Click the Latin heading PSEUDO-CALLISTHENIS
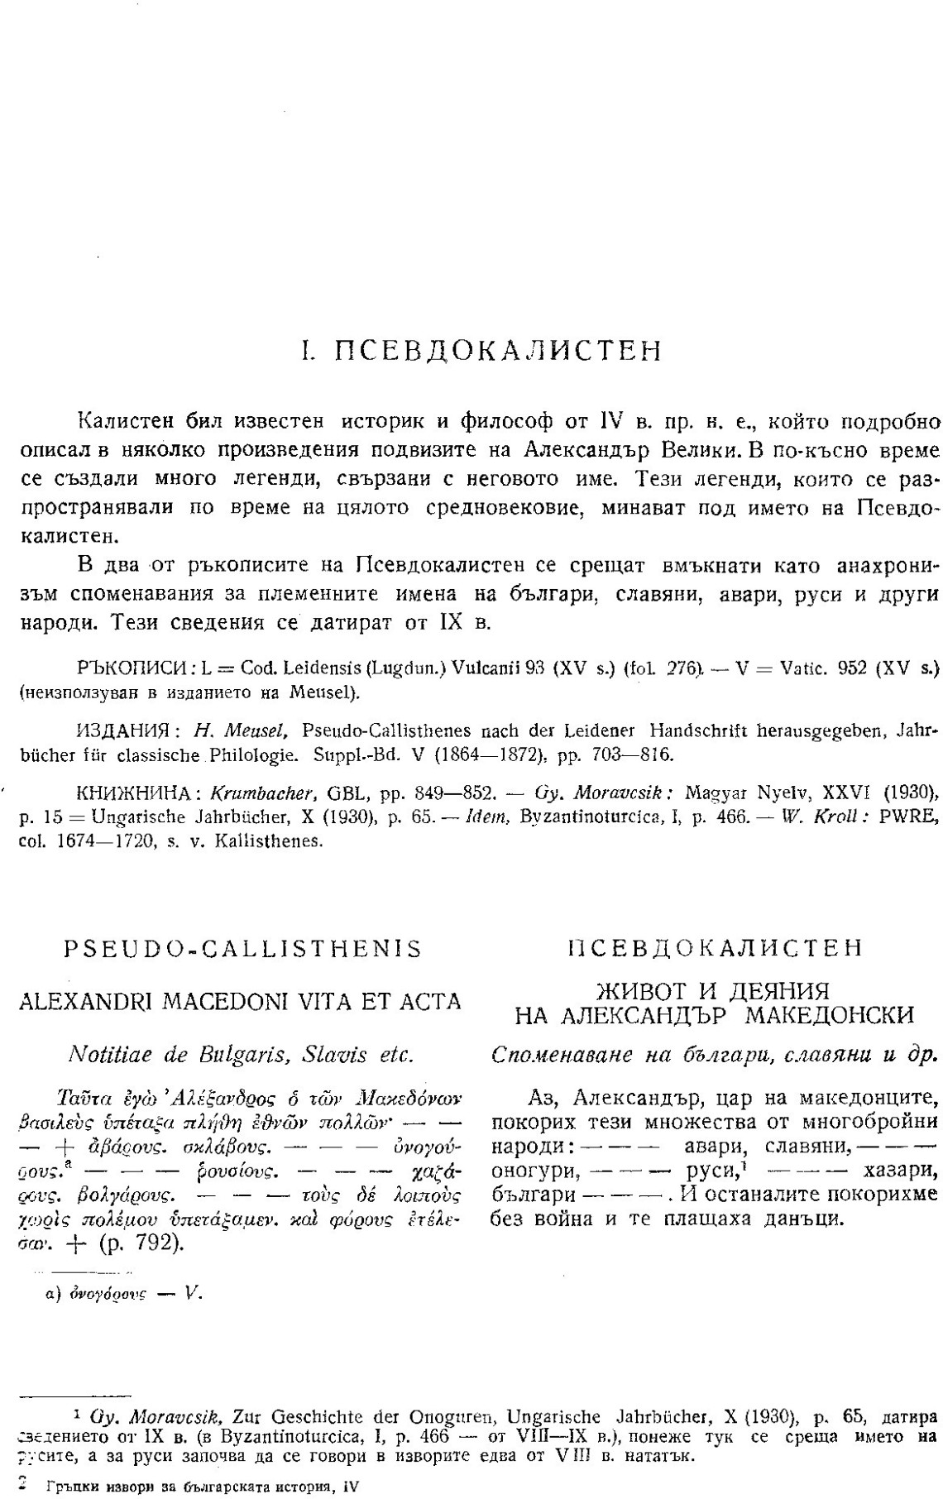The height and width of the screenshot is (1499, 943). pos(242,949)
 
